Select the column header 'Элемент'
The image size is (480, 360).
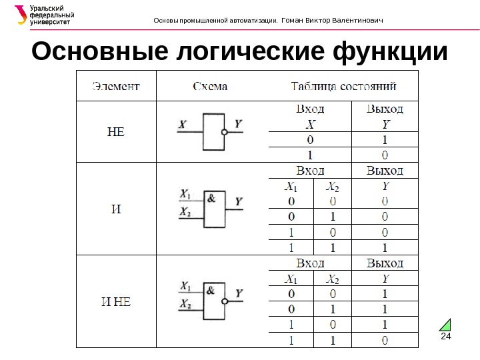pos(115,86)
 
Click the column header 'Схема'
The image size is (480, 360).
pos(210,86)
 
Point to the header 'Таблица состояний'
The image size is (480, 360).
pos(344,86)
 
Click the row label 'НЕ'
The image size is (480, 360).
pos(116,131)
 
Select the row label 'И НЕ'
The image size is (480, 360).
pos(116,301)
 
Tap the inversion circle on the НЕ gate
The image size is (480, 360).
pos(225,132)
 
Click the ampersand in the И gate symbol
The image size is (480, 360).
pos(211,197)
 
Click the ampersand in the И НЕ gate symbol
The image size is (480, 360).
pos(211,290)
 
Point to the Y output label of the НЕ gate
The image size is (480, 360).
pos(239,124)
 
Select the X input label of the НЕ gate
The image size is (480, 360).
pos(182,124)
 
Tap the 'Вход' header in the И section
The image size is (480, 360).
pos(310,171)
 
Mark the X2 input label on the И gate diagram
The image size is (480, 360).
pos(185,212)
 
